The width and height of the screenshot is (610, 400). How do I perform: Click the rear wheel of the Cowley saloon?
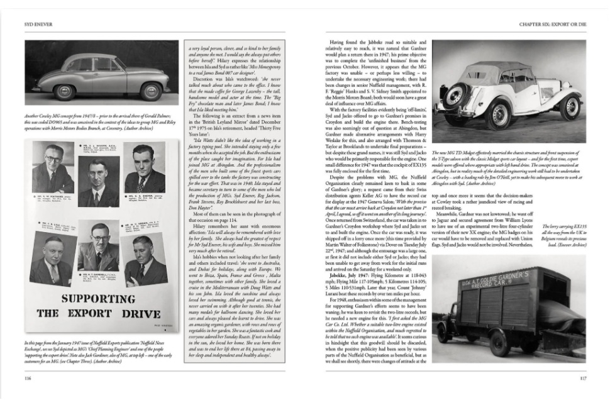pyautogui.click(x=150, y=89)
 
